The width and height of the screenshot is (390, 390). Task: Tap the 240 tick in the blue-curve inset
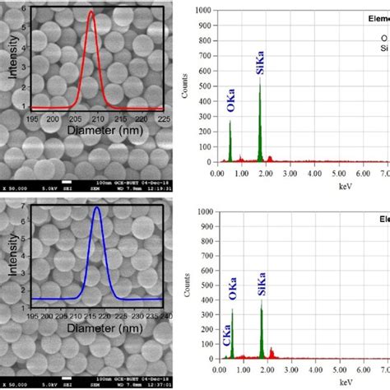tap(162, 314)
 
